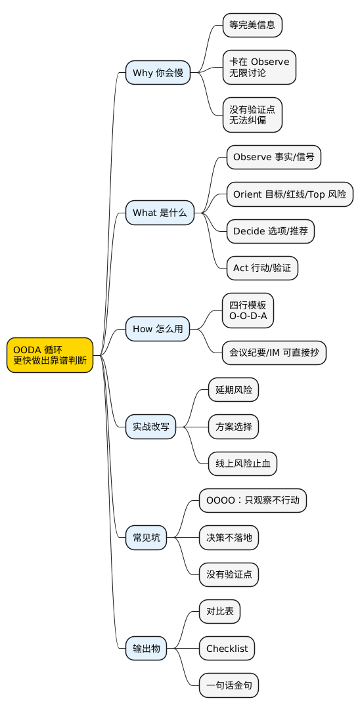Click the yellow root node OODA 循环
pyautogui.click(x=50, y=355)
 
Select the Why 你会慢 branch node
pyautogui.click(x=158, y=72)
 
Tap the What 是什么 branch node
pyautogui.click(x=160, y=213)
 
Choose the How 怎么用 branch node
pyautogui.click(x=158, y=328)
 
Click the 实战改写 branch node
pyautogui.click(x=150, y=427)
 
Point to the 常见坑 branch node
pyautogui.click(x=146, y=538)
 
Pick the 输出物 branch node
pyautogui.click(x=146, y=649)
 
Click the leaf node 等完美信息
pyautogui.click(x=252, y=26)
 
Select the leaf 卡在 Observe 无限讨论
pyautogui.click(x=259, y=67)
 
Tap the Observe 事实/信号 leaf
pyautogui.click(x=273, y=158)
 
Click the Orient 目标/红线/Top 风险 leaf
pyautogui.click(x=290, y=194)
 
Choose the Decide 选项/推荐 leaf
pyautogui.click(x=270, y=231)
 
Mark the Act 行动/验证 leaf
pyautogui.click(x=262, y=268)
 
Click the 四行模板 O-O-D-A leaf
pyautogui.click(x=248, y=310)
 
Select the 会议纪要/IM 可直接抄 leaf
pyautogui.click(x=274, y=353)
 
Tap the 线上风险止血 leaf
pyautogui.click(x=242, y=463)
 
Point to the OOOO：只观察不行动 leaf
pyautogui.click(x=253, y=501)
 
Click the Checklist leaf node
pyautogui.click(x=227, y=649)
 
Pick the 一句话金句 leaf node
pyautogui.click(x=229, y=685)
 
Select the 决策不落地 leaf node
pyautogui.click(x=229, y=538)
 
